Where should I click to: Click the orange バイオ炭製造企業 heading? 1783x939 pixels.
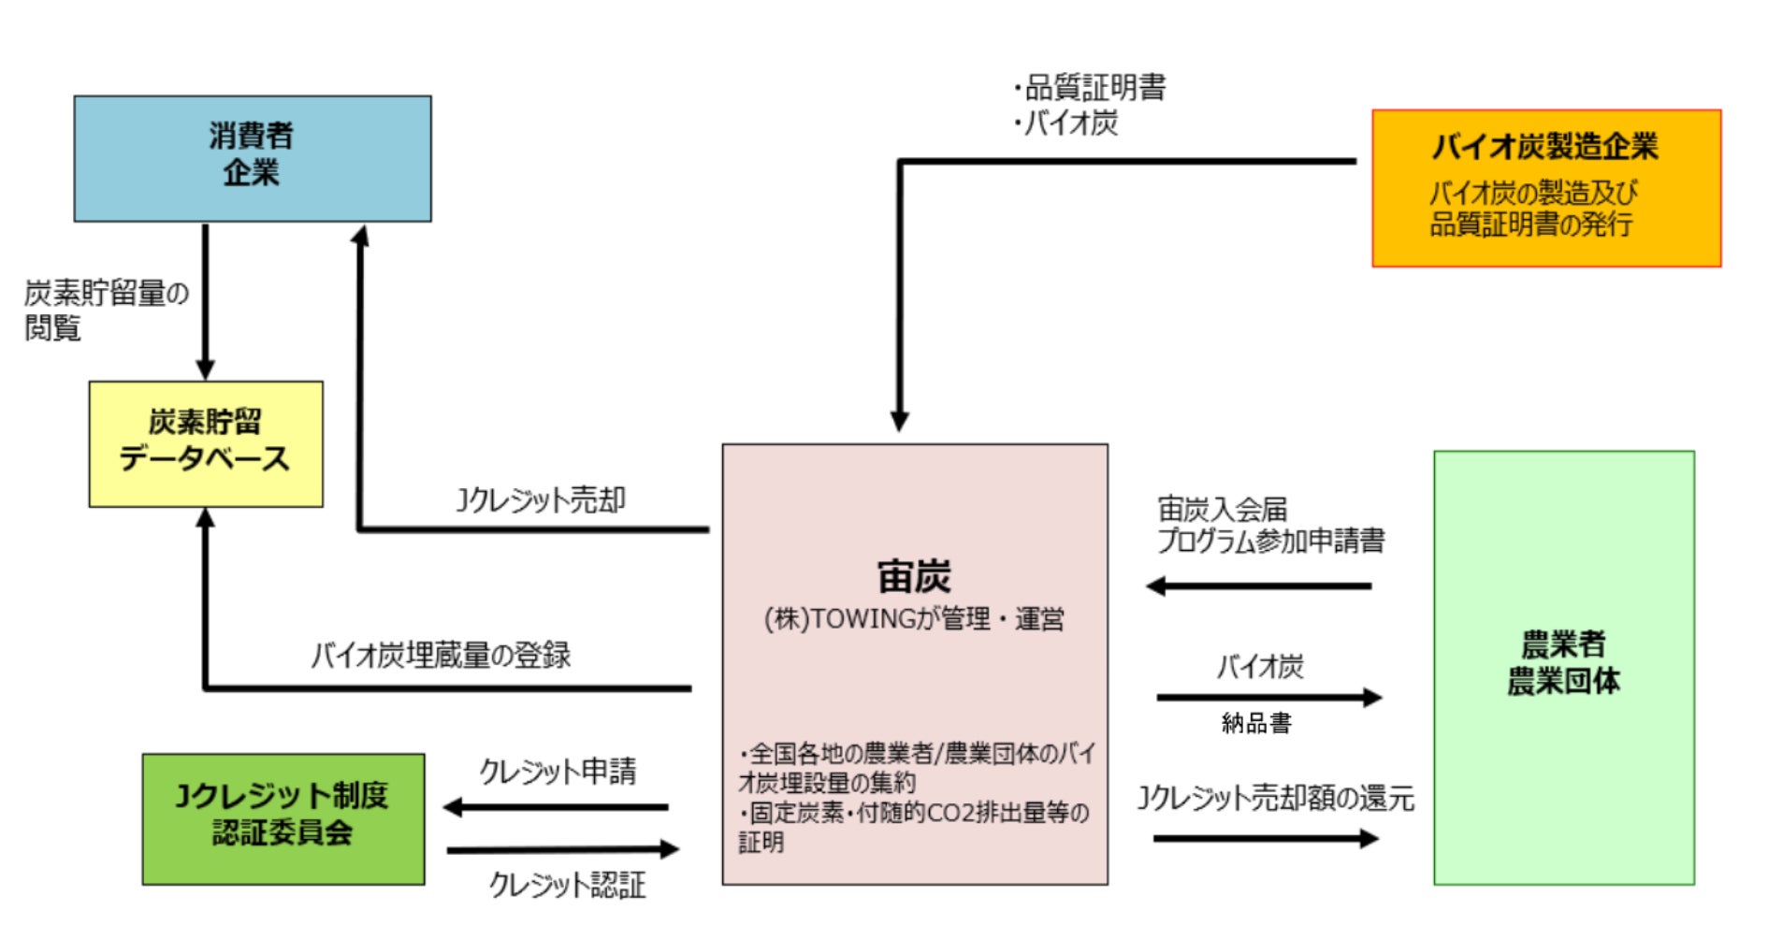pyautogui.click(x=1544, y=147)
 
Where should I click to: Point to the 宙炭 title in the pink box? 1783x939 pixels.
pyautogui.click(x=914, y=576)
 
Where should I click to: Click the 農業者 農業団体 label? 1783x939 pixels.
pyautogui.click(x=1563, y=662)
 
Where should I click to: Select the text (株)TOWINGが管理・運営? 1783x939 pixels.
pyautogui.click(x=914, y=619)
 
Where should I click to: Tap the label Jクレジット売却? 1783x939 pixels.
pyautogui.click(x=541, y=500)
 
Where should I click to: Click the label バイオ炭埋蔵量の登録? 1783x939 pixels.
pyautogui.click(x=441, y=655)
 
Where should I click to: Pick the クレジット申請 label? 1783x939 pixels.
pyautogui.click(x=558, y=772)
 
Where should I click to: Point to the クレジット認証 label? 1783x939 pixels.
pyautogui.click(x=567, y=885)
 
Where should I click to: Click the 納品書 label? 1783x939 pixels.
pyautogui.click(x=1256, y=723)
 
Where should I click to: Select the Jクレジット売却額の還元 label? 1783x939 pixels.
pyautogui.click(x=1275, y=799)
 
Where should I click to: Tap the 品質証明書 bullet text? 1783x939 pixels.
pyautogui.click(x=1094, y=88)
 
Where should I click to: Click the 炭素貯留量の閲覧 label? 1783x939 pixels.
pyautogui.click(x=105, y=310)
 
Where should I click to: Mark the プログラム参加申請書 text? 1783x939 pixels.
pyautogui.click(x=1271, y=541)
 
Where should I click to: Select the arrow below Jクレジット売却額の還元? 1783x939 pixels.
pyautogui.click(x=1266, y=838)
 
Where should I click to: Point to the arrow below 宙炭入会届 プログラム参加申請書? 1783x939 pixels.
pyautogui.click(x=1258, y=586)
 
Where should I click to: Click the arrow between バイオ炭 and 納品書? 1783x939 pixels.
pyautogui.click(x=1268, y=697)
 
